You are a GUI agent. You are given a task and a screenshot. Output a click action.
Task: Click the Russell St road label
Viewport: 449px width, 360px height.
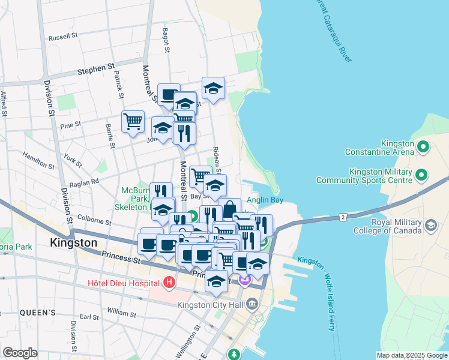coord(64,36)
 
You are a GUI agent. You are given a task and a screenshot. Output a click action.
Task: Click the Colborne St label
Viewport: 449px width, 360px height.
coord(95,221)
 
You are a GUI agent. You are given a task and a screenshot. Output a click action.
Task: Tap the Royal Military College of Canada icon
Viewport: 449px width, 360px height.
coord(430,225)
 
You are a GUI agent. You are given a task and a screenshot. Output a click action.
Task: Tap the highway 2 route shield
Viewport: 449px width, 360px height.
coord(343,215)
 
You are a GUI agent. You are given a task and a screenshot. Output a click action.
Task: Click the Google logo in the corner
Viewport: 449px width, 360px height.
coord(20,353)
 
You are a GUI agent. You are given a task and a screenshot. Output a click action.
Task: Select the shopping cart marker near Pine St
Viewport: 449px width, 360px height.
coord(133,122)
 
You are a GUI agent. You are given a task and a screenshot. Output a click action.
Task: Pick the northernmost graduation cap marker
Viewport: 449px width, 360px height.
coord(213,89)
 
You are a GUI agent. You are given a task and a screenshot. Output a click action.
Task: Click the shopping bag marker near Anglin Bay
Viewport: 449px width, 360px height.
coord(229,210)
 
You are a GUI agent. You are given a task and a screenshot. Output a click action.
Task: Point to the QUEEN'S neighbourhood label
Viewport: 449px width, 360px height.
coord(37,313)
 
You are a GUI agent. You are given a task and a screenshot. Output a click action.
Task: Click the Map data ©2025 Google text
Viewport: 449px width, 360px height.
coord(411,355)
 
